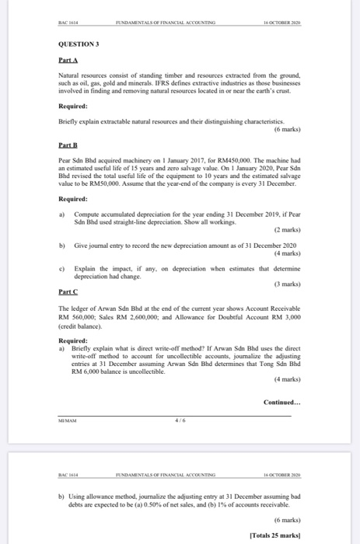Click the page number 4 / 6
coord(180,420)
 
